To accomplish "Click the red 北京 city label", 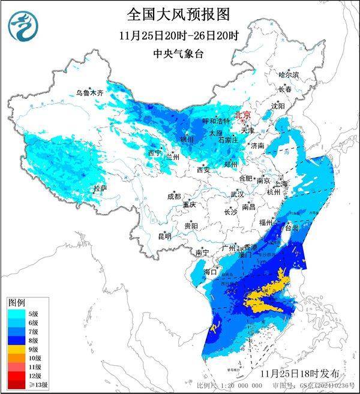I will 242,114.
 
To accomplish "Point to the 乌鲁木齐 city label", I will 89,93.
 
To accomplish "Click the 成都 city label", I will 173,196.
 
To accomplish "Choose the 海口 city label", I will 210,272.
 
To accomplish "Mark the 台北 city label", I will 292,228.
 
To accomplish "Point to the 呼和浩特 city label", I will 214,121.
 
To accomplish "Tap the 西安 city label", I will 203,170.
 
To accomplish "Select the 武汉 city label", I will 237,194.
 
